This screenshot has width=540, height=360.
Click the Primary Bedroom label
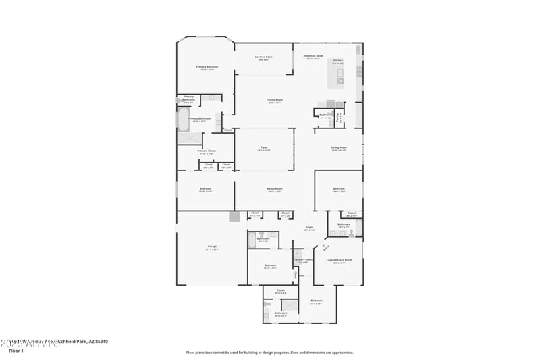[207, 67]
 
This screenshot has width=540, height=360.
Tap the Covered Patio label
[263, 57]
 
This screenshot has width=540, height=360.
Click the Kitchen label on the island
[338, 60]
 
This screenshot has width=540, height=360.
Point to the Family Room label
[274, 100]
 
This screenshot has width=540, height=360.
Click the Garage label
[212, 247]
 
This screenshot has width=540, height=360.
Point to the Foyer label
[309, 228]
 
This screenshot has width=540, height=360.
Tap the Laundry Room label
[303, 259]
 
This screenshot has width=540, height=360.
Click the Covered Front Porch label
[335, 260]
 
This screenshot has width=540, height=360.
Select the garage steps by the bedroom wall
[234, 216]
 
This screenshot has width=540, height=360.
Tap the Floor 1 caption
[17, 351]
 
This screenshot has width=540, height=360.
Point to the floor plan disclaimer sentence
[269, 352]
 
